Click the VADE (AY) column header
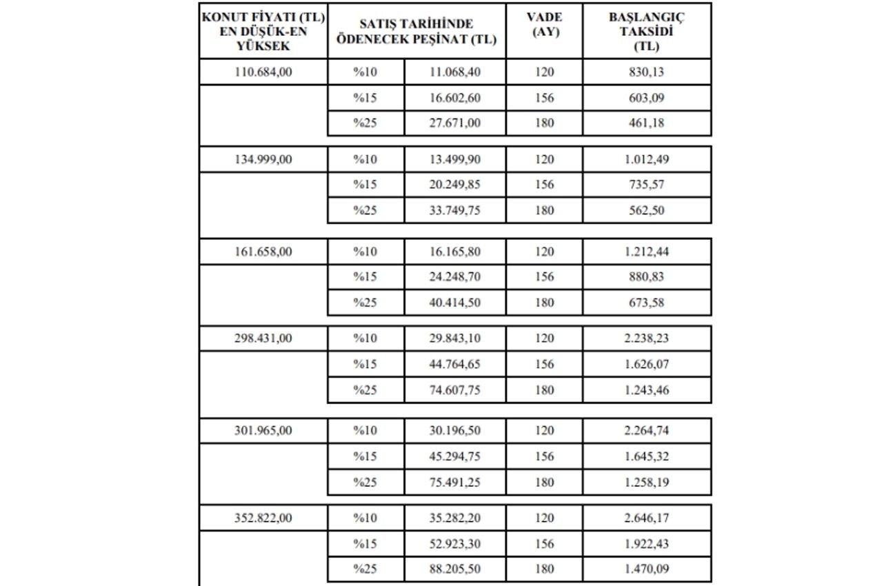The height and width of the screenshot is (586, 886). pyautogui.click(x=543, y=24)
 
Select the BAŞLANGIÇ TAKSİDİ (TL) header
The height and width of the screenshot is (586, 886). pyautogui.click(x=646, y=32)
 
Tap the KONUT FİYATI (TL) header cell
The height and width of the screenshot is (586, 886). pyautogui.click(x=263, y=32)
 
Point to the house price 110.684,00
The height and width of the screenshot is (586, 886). pyautogui.click(x=263, y=72)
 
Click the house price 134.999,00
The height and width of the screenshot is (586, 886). pyautogui.click(x=263, y=159)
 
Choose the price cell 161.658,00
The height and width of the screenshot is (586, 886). pyautogui.click(x=263, y=252)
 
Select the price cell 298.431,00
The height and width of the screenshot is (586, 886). pyautogui.click(x=263, y=338)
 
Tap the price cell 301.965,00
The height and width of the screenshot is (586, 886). pyautogui.click(x=263, y=430)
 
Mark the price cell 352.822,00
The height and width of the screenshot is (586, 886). pyautogui.click(x=263, y=518)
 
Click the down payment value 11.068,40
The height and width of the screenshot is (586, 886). pyautogui.click(x=454, y=72)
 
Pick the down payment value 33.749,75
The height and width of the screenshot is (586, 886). pyautogui.click(x=454, y=210)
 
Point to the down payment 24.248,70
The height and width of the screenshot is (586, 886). pyautogui.click(x=454, y=277)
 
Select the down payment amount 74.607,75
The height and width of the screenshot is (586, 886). pyautogui.click(x=454, y=390)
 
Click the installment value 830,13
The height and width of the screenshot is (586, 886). pyautogui.click(x=646, y=72)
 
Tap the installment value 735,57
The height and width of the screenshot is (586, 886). pyautogui.click(x=646, y=185)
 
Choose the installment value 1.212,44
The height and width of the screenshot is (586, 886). pyautogui.click(x=646, y=252)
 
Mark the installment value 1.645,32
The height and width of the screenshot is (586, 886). pyautogui.click(x=646, y=456)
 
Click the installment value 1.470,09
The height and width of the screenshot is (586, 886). pyautogui.click(x=646, y=569)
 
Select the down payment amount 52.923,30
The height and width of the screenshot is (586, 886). pyautogui.click(x=454, y=544)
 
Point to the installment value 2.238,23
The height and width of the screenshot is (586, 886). pyautogui.click(x=646, y=338)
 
